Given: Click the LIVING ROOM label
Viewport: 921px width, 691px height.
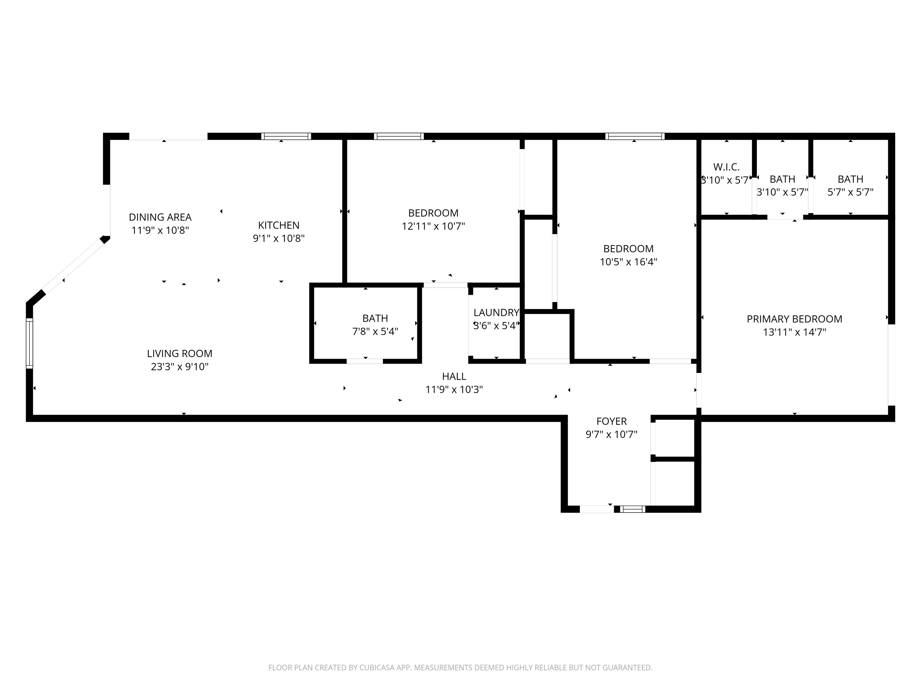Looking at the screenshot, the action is click(x=180, y=354).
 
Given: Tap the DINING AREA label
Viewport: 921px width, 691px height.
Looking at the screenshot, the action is click(x=160, y=217).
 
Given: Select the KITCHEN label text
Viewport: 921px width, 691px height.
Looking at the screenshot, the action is click(x=279, y=225).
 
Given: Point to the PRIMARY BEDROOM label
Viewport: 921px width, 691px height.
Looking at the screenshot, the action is click(x=794, y=319).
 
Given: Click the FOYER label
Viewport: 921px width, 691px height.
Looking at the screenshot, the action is click(x=612, y=421).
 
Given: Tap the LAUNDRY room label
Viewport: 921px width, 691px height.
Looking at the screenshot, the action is click(x=496, y=313).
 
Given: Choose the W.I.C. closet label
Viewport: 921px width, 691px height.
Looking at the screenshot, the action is click(x=726, y=167).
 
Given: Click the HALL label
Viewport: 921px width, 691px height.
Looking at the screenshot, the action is click(x=454, y=376).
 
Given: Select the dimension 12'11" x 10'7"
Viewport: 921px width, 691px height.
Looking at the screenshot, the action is click(x=434, y=226).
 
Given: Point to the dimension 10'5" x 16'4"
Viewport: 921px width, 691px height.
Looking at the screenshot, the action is click(x=628, y=262).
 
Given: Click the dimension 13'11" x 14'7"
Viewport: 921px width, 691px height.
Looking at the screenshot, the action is click(x=794, y=332).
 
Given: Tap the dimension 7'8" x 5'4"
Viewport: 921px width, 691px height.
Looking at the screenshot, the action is click(x=375, y=331).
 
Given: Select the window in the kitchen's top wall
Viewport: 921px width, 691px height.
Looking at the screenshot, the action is click(x=286, y=136).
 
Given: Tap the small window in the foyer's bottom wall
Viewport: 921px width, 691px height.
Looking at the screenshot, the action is click(x=633, y=509).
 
